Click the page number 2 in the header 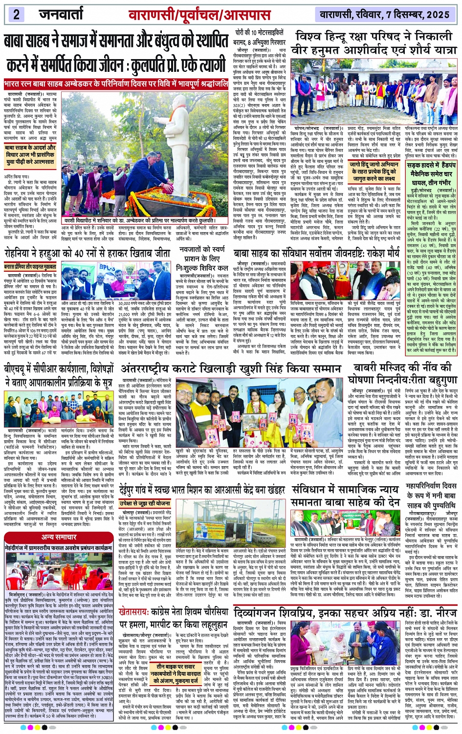pyautogui.click(x=16, y=14)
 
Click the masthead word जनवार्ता pyautogui.click(x=61, y=14)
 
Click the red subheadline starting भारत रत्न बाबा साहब pyautogui.click(x=116, y=84)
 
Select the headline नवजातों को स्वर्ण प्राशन pyautogui.click(x=202, y=259)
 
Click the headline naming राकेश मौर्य pyautogui.click(x=316, y=254)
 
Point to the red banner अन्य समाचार pyautogui.click(x=59, y=537)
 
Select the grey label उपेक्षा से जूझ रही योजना pyautogui.click(x=145, y=503)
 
